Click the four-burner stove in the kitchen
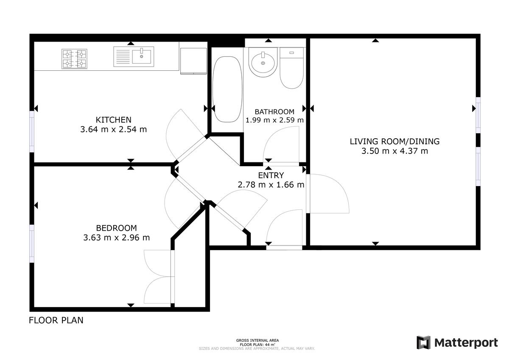click(75, 59)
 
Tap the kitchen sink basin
click(142, 56)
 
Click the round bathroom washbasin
click(263, 62)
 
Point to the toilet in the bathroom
click(291, 68)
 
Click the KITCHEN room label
click(113, 120)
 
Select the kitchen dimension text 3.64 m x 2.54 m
click(113, 129)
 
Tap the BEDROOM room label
click(116, 228)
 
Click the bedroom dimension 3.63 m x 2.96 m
click(116, 237)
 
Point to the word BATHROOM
click(274, 112)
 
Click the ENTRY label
click(271, 176)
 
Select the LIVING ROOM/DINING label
click(394, 142)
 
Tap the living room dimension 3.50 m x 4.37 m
click(394, 151)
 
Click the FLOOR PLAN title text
click(56, 321)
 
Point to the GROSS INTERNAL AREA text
click(257, 340)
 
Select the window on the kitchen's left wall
click(32, 131)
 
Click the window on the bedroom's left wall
click(32, 243)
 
